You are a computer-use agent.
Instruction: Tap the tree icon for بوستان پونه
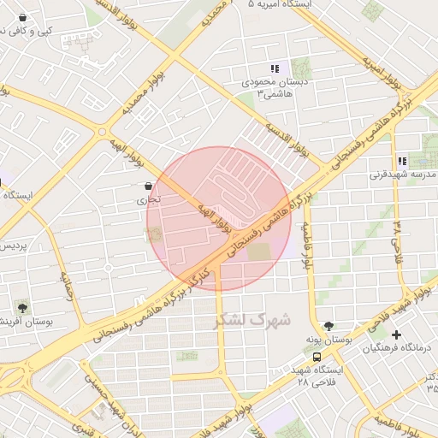click(x=328, y=326)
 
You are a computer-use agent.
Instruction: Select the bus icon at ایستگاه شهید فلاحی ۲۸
click(x=317, y=357)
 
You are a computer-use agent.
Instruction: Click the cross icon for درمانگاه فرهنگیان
click(x=395, y=334)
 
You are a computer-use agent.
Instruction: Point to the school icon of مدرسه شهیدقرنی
click(x=401, y=161)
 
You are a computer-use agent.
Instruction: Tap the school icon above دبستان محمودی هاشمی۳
click(x=275, y=68)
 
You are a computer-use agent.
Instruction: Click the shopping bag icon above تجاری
click(x=150, y=186)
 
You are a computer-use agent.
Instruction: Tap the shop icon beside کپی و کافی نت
click(x=21, y=17)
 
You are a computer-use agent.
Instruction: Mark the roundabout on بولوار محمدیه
click(x=102, y=133)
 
